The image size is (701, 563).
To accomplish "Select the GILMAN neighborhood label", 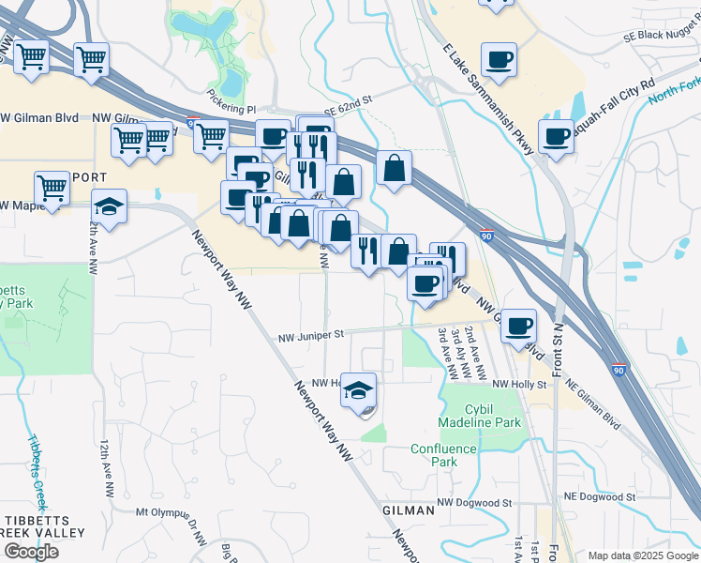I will coord(409,510).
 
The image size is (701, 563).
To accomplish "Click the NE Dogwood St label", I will coord(600,496).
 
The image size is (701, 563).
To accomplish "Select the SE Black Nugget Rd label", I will coord(662,34).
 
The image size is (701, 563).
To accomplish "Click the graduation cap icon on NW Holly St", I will coord(357,389).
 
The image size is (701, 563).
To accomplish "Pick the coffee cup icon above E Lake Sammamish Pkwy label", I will coord(500,59).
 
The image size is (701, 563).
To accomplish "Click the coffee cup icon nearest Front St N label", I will coord(518,326).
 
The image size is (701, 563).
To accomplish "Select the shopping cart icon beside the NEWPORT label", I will coord(52,188).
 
